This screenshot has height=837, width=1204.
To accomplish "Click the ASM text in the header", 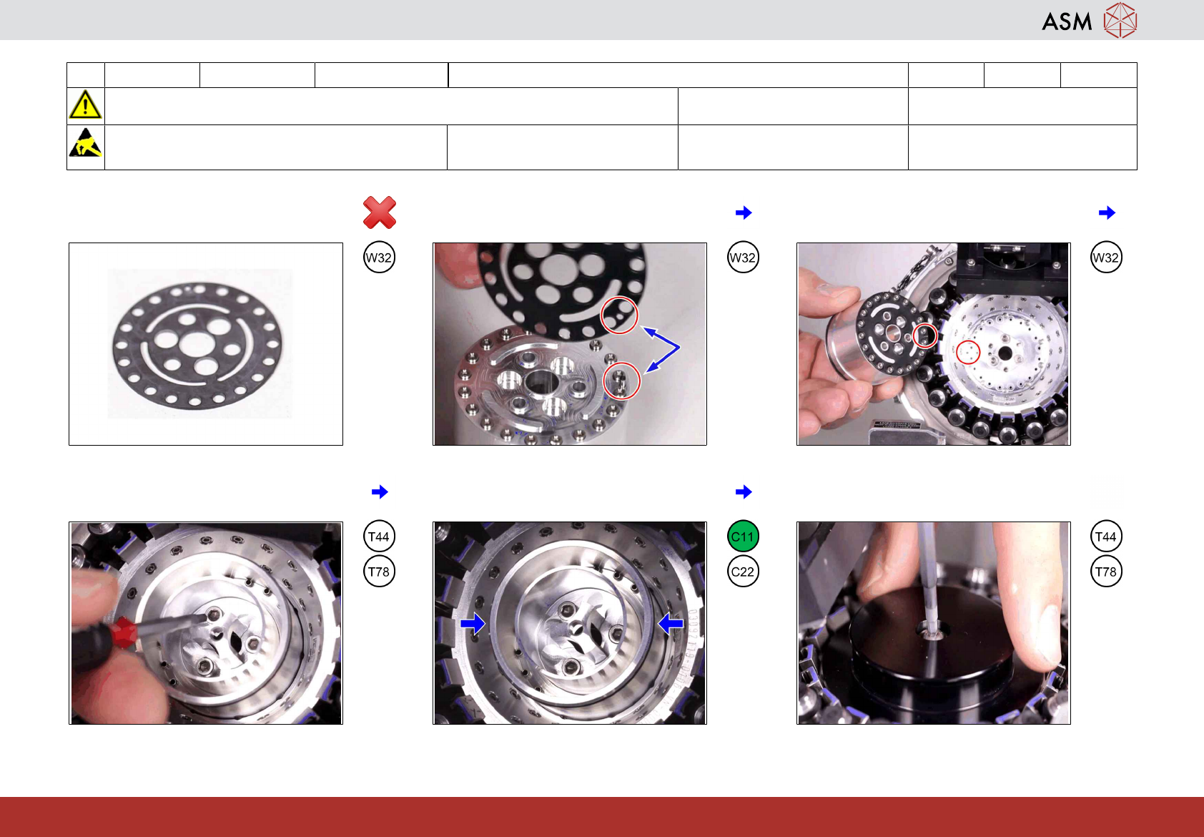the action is coord(1067,21).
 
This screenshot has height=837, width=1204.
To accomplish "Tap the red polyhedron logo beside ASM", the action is coord(1120,21).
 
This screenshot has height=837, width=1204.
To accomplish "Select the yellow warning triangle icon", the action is coord(85,104).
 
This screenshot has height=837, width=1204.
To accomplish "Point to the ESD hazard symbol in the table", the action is coord(85,142).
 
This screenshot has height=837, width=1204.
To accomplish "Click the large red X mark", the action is coord(380,212).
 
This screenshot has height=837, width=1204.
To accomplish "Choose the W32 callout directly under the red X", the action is coord(379,257).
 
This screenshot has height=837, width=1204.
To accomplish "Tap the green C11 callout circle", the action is coord(743,537).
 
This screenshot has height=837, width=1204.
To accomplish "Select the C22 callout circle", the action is coord(743,572).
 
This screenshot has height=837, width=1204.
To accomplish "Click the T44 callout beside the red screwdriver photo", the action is coord(379,537).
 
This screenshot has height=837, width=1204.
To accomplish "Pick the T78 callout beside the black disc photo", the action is coord(1106,572).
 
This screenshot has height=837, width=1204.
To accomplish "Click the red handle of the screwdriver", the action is coord(123,632).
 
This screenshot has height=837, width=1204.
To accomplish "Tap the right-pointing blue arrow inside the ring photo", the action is coord(473,624).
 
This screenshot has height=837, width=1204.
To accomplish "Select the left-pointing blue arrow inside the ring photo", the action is coord(671,624).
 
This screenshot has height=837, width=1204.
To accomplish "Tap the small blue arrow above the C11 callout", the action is coord(744,491).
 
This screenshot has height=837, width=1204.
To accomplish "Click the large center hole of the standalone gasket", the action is coord(197,344).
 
